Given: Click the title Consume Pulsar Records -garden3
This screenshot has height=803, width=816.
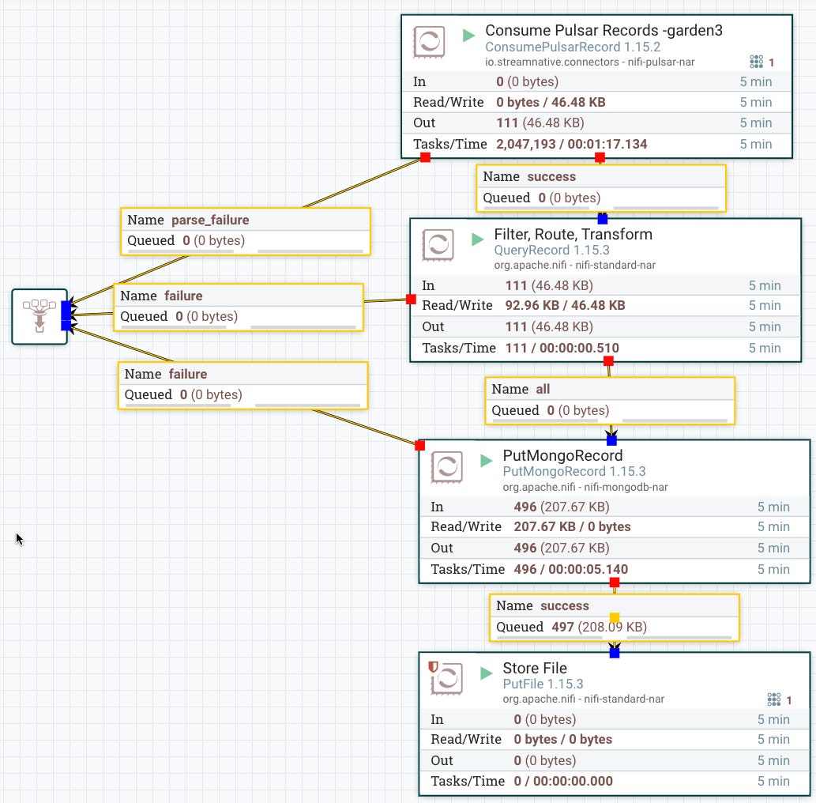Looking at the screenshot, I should coord(604,31).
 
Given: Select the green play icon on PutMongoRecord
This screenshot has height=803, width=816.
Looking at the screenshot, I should coord(487,461).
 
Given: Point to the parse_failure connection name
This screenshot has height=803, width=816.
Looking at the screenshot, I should coord(210,221).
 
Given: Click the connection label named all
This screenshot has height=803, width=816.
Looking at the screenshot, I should coord(543,389).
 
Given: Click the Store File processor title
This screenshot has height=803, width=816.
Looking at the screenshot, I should coord(534,669).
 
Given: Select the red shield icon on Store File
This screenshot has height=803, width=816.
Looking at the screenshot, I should coord(432,667).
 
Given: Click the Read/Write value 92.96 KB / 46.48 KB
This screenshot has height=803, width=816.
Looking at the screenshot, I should coord(565,305).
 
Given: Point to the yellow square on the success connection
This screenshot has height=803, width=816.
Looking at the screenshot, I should coord(615,618).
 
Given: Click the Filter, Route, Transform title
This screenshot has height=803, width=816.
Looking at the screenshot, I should coord(573,235).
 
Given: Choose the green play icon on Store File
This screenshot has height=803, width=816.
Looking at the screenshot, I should coord(487,673).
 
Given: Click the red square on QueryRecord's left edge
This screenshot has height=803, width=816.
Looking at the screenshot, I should coord(411,299).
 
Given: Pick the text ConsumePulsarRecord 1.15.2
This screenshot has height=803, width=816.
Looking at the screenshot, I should coord(572,47).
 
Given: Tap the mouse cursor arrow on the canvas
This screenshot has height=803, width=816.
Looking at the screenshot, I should coord(19,538).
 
